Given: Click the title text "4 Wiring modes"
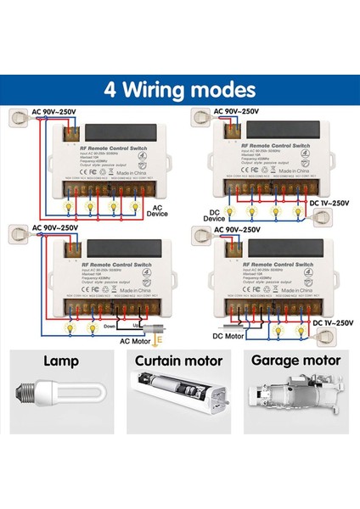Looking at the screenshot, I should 179,89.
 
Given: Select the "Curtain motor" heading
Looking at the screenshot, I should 179,361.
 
